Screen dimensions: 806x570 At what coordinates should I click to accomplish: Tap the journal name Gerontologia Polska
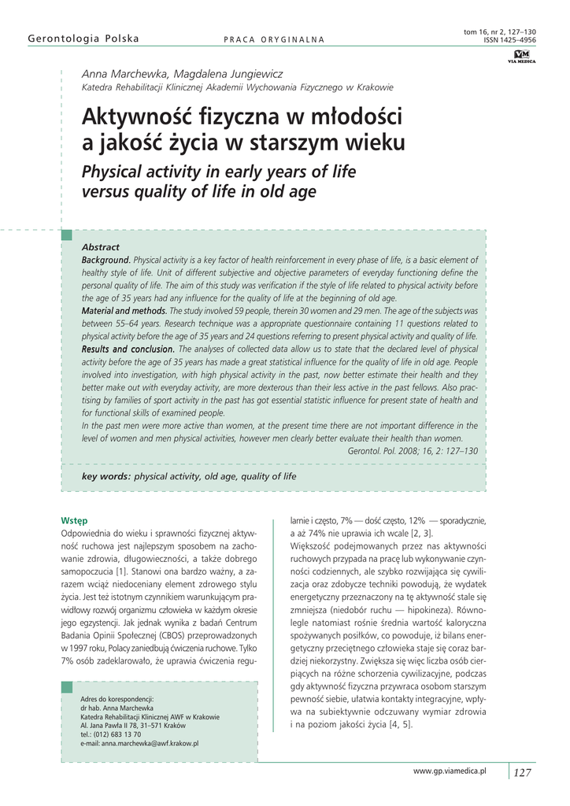tap(83, 39)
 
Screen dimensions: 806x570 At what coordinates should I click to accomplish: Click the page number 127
tap(523, 772)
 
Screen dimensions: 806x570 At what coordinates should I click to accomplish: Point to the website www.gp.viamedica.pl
tap(450, 771)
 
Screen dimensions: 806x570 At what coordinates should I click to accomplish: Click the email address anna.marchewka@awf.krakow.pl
tap(139, 743)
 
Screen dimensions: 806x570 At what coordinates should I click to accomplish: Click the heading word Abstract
tap(101, 247)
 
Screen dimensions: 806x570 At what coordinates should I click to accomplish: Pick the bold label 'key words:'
tap(106, 477)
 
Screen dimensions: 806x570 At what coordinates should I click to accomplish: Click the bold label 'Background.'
tap(106, 260)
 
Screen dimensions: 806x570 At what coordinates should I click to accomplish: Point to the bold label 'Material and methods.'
tap(124, 311)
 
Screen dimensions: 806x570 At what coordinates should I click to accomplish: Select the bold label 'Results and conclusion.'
tap(128, 349)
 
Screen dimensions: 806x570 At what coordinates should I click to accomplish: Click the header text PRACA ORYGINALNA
tap(274, 40)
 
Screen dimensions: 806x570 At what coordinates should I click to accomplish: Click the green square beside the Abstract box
tap(67, 235)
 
